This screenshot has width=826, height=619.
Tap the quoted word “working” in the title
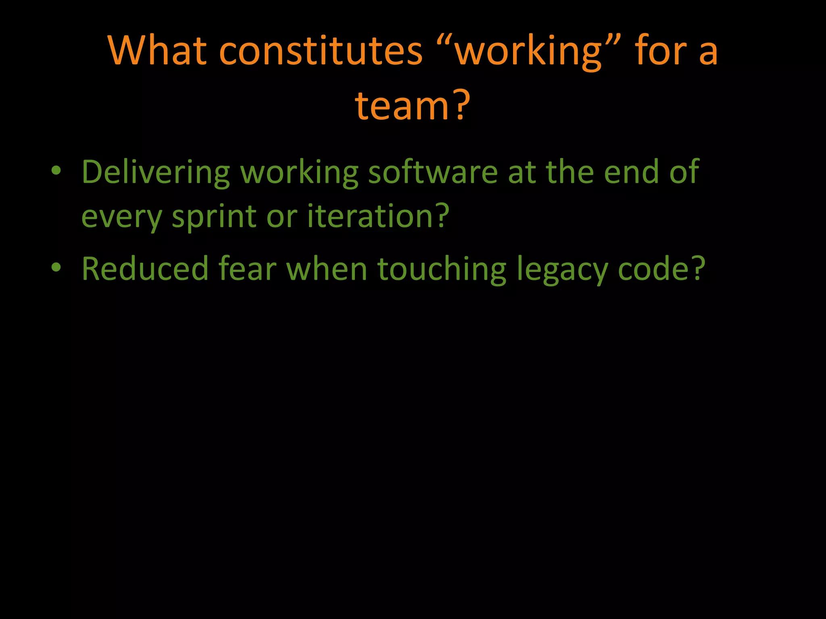pyautogui.click(x=529, y=52)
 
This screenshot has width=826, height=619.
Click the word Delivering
pyautogui.click(x=156, y=172)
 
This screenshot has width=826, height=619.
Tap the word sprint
pyautogui.click(x=214, y=217)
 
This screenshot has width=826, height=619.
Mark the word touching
pyautogui.click(x=442, y=269)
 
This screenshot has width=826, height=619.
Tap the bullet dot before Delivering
pyautogui.click(x=56, y=172)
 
